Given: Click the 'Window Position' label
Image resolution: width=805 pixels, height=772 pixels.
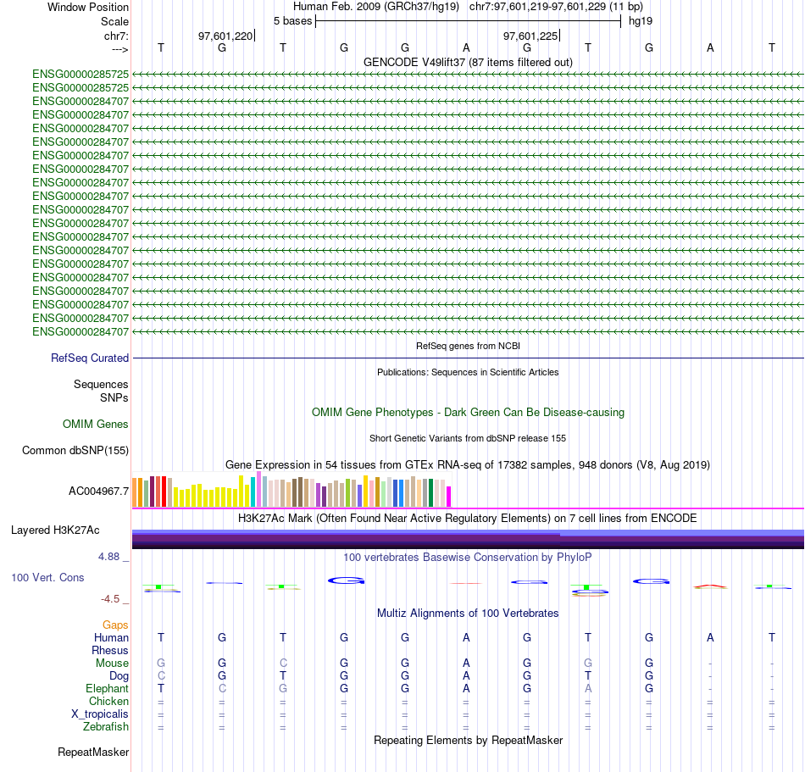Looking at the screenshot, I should tap(88, 7).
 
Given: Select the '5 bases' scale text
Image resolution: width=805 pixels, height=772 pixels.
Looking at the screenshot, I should tap(292, 20).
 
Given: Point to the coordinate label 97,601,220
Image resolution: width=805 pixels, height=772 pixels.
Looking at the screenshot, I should tap(225, 36).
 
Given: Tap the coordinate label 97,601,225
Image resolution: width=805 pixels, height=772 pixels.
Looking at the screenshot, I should tap(530, 36).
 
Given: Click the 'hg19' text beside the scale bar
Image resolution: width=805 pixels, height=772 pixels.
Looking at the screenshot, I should tap(640, 20).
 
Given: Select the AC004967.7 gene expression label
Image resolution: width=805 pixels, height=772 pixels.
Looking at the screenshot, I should tap(98, 491).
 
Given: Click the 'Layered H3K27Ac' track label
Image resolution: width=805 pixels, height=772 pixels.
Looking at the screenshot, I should tap(55, 530).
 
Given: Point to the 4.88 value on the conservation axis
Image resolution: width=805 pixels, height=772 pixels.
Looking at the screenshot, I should tap(110, 557).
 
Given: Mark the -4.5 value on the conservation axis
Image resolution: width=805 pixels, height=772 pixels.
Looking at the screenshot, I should tap(110, 598).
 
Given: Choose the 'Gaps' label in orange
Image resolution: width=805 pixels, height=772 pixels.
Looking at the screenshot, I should tap(115, 625).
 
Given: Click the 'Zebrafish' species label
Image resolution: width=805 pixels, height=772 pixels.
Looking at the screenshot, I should tap(106, 726).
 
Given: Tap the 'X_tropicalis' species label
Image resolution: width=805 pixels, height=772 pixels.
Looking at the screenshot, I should tap(100, 714).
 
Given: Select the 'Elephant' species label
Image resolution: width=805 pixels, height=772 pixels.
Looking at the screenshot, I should tap(107, 688).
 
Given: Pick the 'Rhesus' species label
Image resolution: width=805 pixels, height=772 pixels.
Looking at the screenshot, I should tap(110, 650).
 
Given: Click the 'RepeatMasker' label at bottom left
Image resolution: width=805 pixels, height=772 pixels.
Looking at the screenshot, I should tap(93, 752).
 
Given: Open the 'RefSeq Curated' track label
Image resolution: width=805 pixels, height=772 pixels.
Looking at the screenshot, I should tap(90, 358).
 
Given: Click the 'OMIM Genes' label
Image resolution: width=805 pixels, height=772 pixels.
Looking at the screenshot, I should tap(96, 424).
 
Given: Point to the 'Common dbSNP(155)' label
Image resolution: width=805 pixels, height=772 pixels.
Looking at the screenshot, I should tap(75, 451).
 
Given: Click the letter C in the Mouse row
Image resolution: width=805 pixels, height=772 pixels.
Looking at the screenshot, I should tap(283, 663).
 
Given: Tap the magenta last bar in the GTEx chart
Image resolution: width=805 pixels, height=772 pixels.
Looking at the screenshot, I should tap(449, 496).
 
